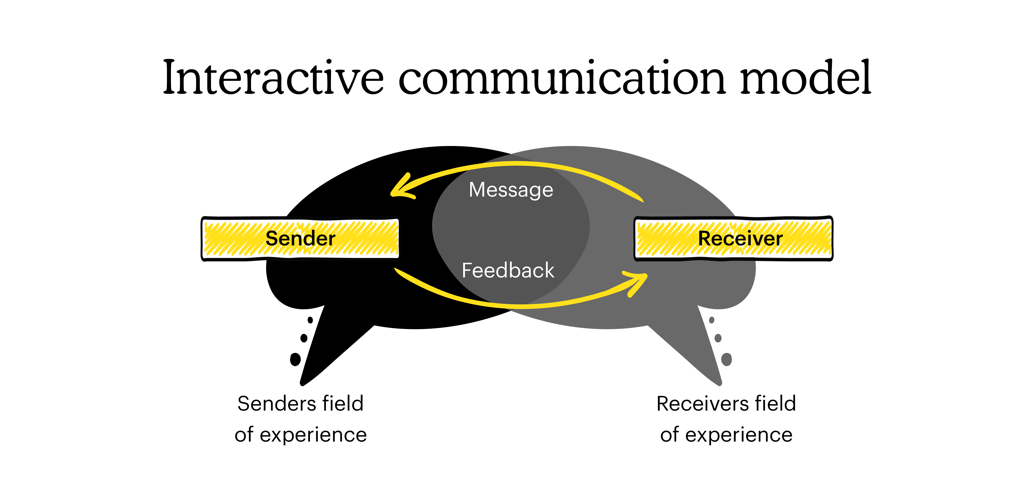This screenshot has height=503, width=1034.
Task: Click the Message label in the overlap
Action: click(x=510, y=190)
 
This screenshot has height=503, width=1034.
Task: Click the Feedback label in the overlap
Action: click(x=508, y=270)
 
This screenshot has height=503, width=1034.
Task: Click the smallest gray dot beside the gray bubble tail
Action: click(x=712, y=320)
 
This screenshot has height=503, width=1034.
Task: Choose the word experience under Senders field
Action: click(x=313, y=435)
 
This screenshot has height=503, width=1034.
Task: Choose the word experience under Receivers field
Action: click(x=739, y=435)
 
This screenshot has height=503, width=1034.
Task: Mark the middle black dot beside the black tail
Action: click(x=304, y=338)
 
